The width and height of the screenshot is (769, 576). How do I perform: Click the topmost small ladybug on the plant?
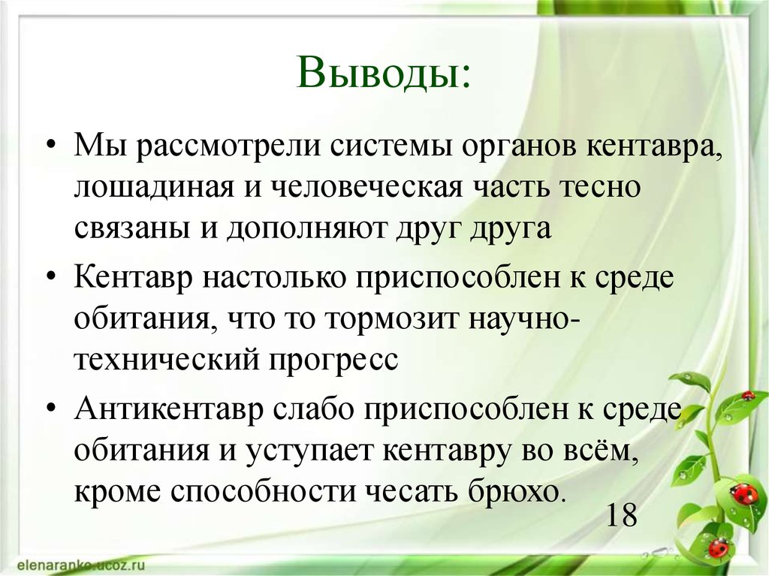(747, 395)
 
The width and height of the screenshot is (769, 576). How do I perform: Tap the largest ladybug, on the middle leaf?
(743, 493)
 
